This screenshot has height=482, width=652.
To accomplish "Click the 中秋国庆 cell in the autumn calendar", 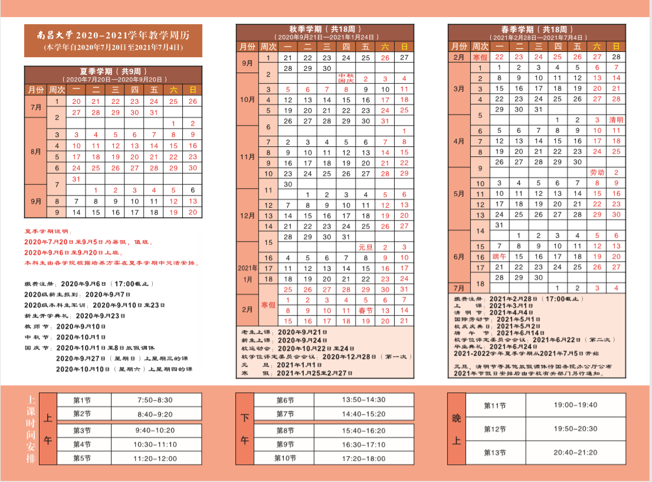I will coord(346,78).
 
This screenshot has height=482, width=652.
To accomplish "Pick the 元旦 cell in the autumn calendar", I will coord(365,247).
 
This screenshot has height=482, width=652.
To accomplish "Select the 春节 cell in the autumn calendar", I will coord(365,310).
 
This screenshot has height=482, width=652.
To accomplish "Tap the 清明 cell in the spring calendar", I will coord(616,120).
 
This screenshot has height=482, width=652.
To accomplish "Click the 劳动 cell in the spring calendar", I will coord(597,173).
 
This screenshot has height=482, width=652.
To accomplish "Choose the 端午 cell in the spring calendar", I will coord(499,257).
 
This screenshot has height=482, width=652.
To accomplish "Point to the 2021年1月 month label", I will coord(248,273).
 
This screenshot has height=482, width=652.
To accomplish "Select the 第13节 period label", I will coord(494,453).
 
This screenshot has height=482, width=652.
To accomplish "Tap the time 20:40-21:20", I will coord(575,453).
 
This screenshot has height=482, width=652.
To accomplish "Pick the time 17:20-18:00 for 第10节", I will coord(363,458).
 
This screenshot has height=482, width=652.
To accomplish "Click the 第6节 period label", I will coord(285,400).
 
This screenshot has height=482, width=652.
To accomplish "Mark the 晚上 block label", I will coord(456,429).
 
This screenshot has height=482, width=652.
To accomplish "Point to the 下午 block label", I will coord(245,429).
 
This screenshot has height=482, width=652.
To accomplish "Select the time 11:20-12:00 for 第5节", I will coord(155,458).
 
